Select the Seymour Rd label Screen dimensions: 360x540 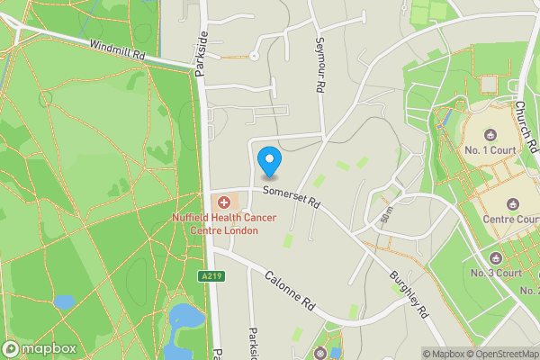point(319,66)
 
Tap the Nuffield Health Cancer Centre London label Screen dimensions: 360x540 point(215,224)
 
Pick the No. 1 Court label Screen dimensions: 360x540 point(491,148)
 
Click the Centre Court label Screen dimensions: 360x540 point(510,219)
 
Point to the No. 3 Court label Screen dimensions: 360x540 point(496,273)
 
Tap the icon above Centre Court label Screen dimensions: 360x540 point(512,203)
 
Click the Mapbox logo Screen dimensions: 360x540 point(40,348)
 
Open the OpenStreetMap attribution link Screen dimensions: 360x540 point(499,354)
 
